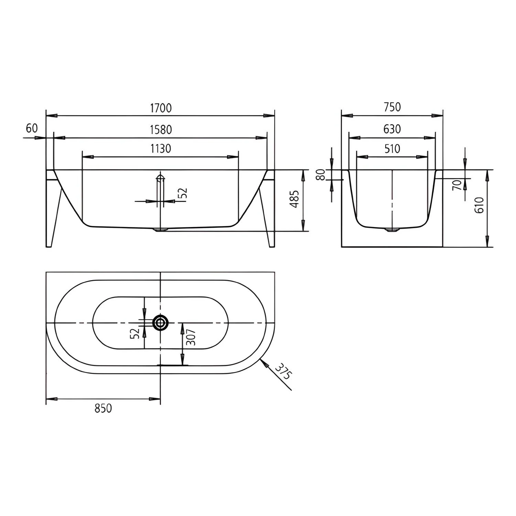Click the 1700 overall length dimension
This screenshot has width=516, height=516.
[161, 108]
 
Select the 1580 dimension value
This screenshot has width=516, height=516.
[161, 130]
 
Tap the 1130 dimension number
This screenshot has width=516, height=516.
[161, 149]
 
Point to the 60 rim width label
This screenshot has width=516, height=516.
[32, 128]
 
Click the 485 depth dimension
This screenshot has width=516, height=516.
[294, 199]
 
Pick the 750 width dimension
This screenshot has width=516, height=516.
[392, 107]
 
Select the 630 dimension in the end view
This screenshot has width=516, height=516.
[392, 129]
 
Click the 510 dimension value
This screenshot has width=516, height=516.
[392, 149]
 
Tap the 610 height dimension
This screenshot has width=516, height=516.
[479, 205]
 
